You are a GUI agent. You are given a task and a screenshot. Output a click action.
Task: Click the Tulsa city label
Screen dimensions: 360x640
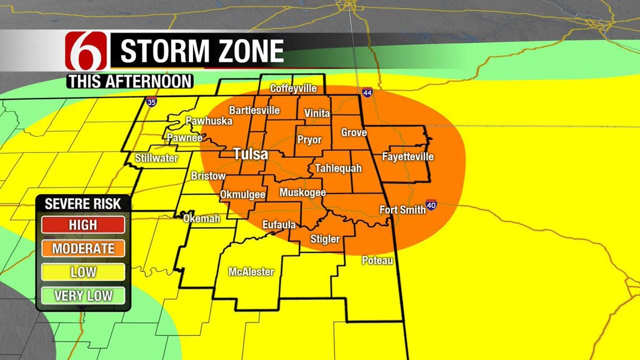[x=251, y=154]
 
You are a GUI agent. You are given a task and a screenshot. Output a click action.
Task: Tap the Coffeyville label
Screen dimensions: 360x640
[x=293, y=88]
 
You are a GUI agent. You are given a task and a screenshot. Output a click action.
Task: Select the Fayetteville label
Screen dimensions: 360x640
[x=407, y=157]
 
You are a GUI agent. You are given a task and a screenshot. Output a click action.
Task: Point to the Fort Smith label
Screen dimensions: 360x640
[x=402, y=209]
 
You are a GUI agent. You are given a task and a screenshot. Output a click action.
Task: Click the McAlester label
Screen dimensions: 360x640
[x=251, y=272]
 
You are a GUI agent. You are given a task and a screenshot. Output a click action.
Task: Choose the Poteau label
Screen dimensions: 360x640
[x=377, y=260]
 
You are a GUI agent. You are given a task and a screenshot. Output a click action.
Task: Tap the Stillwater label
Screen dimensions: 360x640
[x=156, y=158]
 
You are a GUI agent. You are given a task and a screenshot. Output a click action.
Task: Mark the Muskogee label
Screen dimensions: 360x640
[x=302, y=192]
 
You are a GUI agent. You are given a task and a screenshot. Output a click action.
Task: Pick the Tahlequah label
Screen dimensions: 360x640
[x=338, y=168]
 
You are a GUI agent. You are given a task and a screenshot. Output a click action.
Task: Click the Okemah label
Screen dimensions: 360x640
[x=201, y=218]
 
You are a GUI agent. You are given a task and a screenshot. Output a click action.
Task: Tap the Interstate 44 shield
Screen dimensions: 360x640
[x=367, y=92]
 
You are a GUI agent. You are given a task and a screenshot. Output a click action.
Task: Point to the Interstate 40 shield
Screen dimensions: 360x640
[x=431, y=204]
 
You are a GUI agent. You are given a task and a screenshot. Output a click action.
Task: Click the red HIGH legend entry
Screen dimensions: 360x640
[x=83, y=225]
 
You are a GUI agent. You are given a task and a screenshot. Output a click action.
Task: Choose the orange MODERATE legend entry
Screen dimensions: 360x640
[x=83, y=248]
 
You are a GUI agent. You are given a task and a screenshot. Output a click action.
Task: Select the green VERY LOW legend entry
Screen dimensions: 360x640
[x=83, y=295]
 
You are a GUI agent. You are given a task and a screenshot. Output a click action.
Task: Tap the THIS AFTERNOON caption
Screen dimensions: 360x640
[x=130, y=81]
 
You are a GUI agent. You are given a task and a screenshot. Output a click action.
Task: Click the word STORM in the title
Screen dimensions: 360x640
[x=161, y=51]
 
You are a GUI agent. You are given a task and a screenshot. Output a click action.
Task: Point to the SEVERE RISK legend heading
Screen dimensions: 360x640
[x=83, y=203]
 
